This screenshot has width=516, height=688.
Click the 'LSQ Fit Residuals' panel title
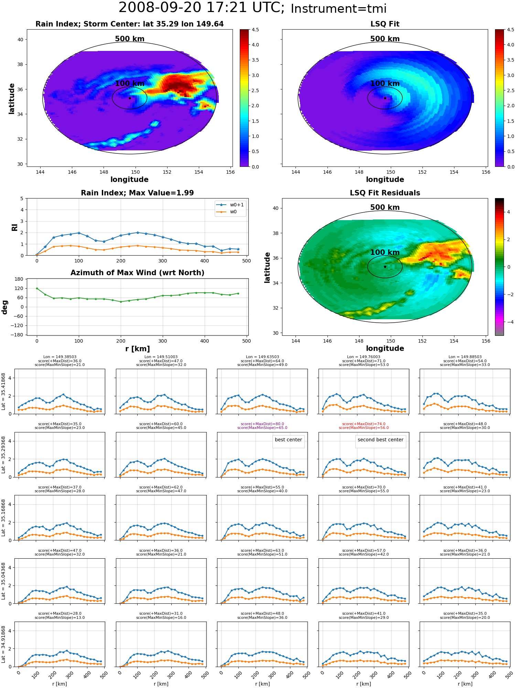pyautogui.click(x=385, y=193)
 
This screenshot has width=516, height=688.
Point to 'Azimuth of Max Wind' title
pyautogui.click(x=137, y=273)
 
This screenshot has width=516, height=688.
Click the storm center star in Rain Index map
pyautogui.click(x=130, y=98)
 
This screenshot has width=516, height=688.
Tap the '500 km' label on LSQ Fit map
pyautogui.click(x=385, y=39)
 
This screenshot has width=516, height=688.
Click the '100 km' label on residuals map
pyautogui.click(x=385, y=252)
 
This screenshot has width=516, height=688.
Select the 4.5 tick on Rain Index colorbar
pyautogui.click(x=255, y=30)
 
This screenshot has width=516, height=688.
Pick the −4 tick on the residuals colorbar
pyautogui.click(x=508, y=322)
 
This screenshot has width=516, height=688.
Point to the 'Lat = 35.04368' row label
pyautogui.click(x=3, y=581)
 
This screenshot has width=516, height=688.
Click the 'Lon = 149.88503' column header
pyautogui.click(x=465, y=357)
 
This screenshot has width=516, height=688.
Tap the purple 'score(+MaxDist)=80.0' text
pyautogui.click(x=262, y=424)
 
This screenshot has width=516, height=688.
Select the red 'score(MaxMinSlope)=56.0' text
pyautogui.click(x=364, y=428)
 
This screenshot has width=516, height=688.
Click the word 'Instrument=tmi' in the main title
pyautogui.click(x=338, y=9)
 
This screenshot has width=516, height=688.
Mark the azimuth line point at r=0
pyautogui.click(x=37, y=288)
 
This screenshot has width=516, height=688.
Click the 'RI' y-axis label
pyautogui.click(x=14, y=227)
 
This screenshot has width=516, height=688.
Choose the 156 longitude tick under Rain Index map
pyautogui.click(x=230, y=172)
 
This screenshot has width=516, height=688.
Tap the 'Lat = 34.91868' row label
pyautogui.click(x=3, y=644)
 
